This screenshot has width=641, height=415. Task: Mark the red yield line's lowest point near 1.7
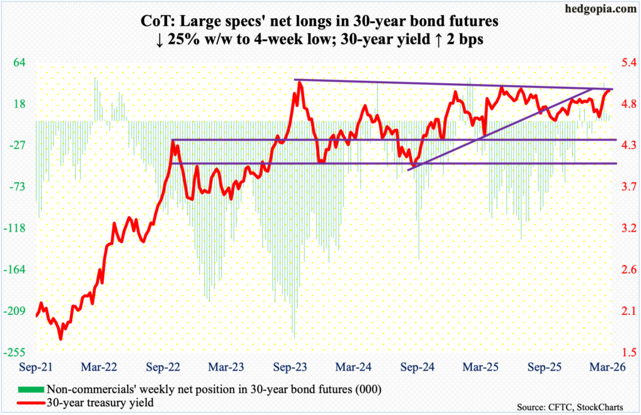[x=61, y=339]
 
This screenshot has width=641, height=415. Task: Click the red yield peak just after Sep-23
[x=300, y=82]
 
